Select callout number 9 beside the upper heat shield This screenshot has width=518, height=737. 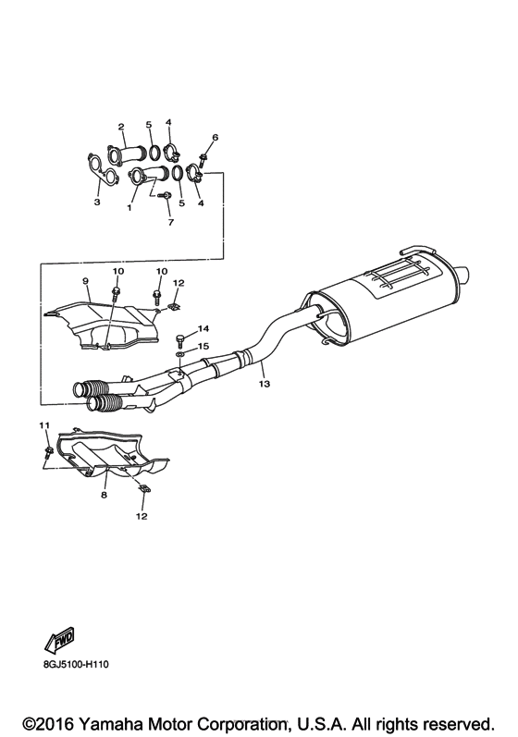coord(84,281)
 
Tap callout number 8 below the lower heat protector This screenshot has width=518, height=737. coord(104,496)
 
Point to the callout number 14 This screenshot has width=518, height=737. coord(204,328)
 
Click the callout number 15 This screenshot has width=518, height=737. coord(204,346)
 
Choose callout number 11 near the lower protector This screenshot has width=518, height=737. coord(42,424)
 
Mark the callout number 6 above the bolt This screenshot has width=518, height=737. coord(215,138)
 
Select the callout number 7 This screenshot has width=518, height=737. coord(169,223)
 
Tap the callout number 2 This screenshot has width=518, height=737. coord(120,126)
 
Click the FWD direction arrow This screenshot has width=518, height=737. coord(59,640)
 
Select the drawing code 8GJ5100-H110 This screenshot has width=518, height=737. coord(75,663)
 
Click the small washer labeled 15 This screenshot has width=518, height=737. coord(179,353)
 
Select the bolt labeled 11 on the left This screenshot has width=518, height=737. coord(47,451)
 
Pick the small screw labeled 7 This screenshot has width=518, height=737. coord(161,196)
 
